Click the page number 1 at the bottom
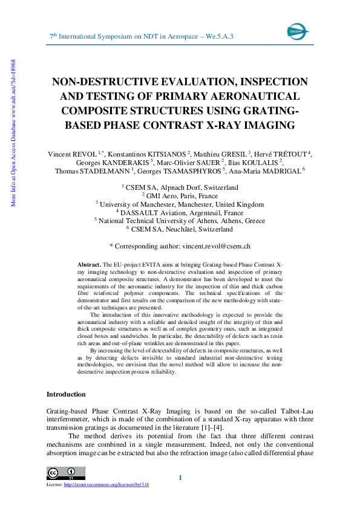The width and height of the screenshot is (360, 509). click(x=180, y=479)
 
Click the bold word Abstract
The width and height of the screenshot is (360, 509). click(x=89, y=265)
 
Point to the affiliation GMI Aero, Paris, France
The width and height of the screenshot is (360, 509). click(x=180, y=196)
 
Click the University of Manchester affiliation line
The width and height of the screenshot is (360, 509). click(x=180, y=204)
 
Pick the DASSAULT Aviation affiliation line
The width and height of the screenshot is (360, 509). click(x=180, y=213)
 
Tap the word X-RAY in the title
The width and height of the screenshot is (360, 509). click(x=233, y=126)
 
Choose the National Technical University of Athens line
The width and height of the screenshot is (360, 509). click(x=180, y=221)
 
